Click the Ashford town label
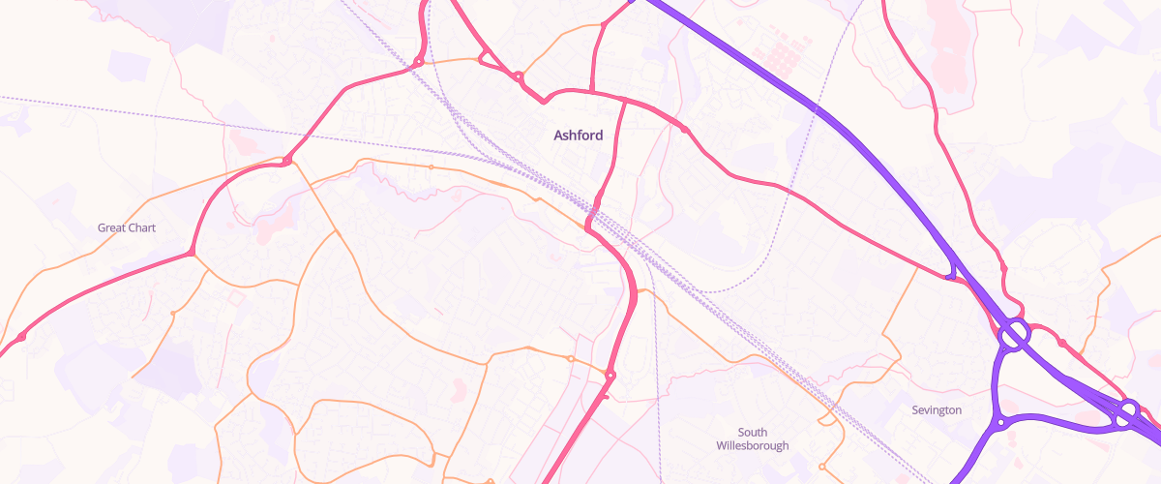click(578, 136)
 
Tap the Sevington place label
click(937, 410)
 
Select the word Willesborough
click(753, 446)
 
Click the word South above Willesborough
click(753, 432)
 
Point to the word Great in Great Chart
click(112, 228)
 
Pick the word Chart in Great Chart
click(141, 228)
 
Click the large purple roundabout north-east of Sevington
click(1013, 335)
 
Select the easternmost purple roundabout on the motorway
click(1127, 413)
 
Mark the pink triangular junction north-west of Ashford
click(490, 63)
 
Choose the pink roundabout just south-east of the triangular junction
click(519, 76)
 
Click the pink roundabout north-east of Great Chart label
click(286, 161)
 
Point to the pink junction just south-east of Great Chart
click(192, 253)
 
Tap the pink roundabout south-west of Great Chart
click(21, 336)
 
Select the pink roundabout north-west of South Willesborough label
click(610, 375)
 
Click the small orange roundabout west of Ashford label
click(431, 167)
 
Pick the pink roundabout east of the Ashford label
click(685, 129)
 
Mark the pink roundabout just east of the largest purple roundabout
click(1061, 343)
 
